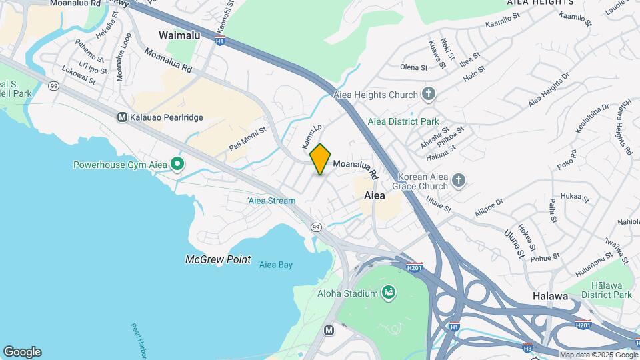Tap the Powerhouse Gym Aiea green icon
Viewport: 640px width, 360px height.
177,164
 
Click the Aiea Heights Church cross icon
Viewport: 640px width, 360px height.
429,95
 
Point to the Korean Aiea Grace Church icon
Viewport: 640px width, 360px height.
458,181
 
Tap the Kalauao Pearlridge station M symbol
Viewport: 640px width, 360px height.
122,117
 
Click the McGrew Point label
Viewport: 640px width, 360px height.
218,259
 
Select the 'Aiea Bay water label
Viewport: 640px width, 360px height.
275,265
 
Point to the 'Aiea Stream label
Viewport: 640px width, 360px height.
271,200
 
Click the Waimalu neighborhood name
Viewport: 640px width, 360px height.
179,35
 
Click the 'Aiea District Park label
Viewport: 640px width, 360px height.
403,122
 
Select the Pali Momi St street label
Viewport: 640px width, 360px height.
248,137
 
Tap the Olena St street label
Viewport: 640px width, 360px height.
413,67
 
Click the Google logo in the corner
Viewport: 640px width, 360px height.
22,352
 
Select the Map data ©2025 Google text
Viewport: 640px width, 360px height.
598,355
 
